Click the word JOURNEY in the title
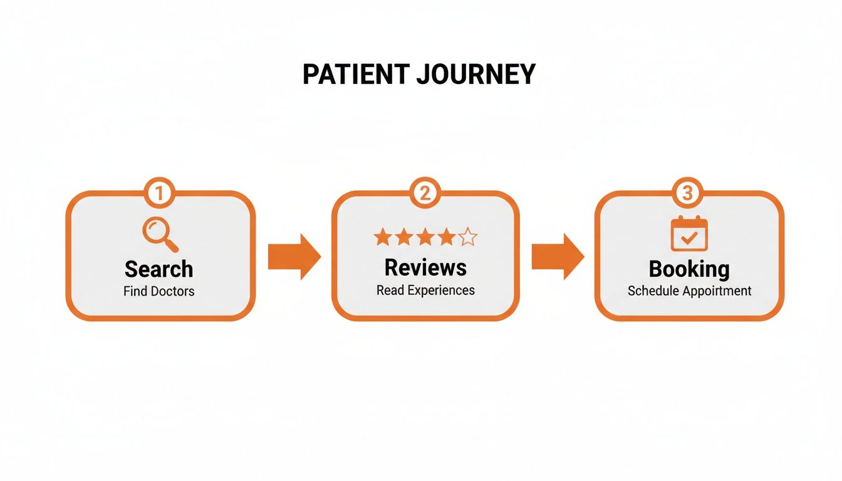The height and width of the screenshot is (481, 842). point(476,75)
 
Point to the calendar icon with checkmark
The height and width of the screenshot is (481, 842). point(689,234)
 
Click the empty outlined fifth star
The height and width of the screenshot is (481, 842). point(467,237)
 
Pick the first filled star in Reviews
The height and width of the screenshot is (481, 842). point(382,237)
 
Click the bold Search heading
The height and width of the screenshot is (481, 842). point(159,269)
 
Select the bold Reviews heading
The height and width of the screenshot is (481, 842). point(425,267)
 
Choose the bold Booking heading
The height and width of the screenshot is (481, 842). point(689,269)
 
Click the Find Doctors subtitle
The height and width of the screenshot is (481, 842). point(159,291)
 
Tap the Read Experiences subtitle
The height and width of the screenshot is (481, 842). point(425,290)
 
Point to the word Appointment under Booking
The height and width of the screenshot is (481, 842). point(717,291)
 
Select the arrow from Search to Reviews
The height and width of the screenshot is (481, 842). point(294,257)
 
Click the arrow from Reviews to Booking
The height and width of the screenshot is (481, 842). point(558,257)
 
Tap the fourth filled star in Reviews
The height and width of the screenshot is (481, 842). point(447,237)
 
